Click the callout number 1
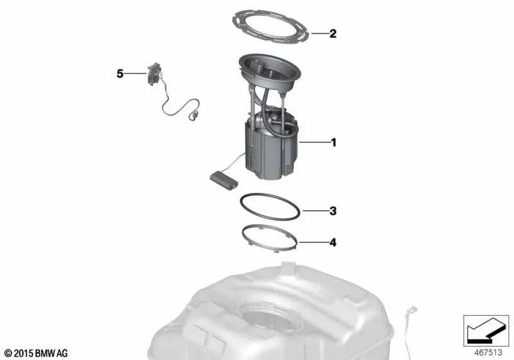[333, 141]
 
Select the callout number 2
[333, 33]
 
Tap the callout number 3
[333, 211]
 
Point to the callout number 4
[333, 243]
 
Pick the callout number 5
[120, 74]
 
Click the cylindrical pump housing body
[270, 151]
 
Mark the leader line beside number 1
[313, 141]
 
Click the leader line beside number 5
[136, 74]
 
